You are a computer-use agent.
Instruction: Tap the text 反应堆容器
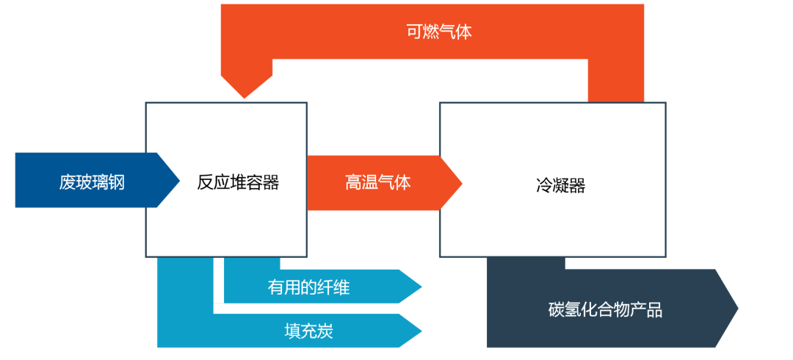point(238,182)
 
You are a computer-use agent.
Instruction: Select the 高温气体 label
point(377,182)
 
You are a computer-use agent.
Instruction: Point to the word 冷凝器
point(560,186)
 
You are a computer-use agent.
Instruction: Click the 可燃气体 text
point(438,32)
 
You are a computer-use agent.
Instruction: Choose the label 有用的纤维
point(308,287)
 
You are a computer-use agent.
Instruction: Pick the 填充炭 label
point(308,331)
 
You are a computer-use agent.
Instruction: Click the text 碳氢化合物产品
point(605,310)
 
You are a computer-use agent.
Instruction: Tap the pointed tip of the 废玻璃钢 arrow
point(178,181)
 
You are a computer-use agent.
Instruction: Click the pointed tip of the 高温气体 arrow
point(461,181)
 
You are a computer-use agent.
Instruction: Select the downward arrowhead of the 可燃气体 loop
point(244,96)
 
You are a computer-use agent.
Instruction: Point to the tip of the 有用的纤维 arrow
point(421,287)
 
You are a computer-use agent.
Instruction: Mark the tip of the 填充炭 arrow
point(421,331)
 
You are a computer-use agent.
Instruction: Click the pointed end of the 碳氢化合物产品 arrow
point(737,309)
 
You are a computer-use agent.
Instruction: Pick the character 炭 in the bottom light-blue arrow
point(325,331)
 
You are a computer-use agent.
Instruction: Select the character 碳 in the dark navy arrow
point(557,310)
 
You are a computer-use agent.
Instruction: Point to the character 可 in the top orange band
point(414,32)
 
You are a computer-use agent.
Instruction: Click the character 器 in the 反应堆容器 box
point(271,182)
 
